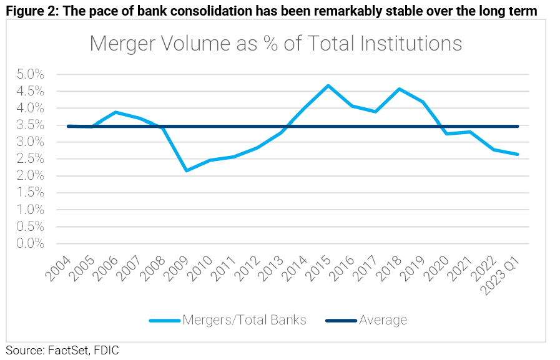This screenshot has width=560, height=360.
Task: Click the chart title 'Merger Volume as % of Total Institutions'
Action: [x=275, y=44]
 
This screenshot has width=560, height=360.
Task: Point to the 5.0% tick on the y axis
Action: [x=29, y=74]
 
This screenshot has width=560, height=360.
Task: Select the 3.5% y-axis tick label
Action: [x=29, y=125]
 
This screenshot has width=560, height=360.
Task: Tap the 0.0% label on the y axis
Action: [x=29, y=243]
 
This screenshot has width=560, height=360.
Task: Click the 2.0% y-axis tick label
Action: [x=29, y=176]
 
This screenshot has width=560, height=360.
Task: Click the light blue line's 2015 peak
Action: [x=328, y=85]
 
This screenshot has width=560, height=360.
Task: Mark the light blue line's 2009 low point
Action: [x=186, y=170]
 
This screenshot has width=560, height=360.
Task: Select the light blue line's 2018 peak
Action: [x=400, y=89]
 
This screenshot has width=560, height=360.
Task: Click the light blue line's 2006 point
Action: [x=115, y=112]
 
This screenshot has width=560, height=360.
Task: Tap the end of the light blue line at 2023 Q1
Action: [x=518, y=154]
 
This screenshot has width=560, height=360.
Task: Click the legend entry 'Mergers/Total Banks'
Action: [x=244, y=320]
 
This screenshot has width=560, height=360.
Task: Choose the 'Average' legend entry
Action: [x=383, y=320]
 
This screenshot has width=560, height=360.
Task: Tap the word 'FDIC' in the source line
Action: [x=106, y=351]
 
